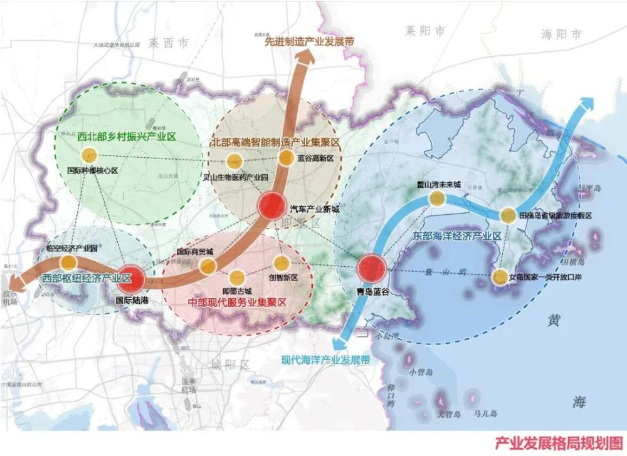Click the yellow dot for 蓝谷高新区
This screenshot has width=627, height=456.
[286, 157]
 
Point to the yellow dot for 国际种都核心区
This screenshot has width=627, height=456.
[89, 155]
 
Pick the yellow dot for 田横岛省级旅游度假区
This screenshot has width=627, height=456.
[508, 215]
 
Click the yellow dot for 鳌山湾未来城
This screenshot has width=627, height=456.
[437, 199]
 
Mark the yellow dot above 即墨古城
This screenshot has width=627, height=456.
[237, 276]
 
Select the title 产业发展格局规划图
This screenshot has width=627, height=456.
[559, 443]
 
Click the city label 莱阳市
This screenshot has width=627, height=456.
[424, 29]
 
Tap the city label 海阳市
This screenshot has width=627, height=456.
[561, 34]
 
